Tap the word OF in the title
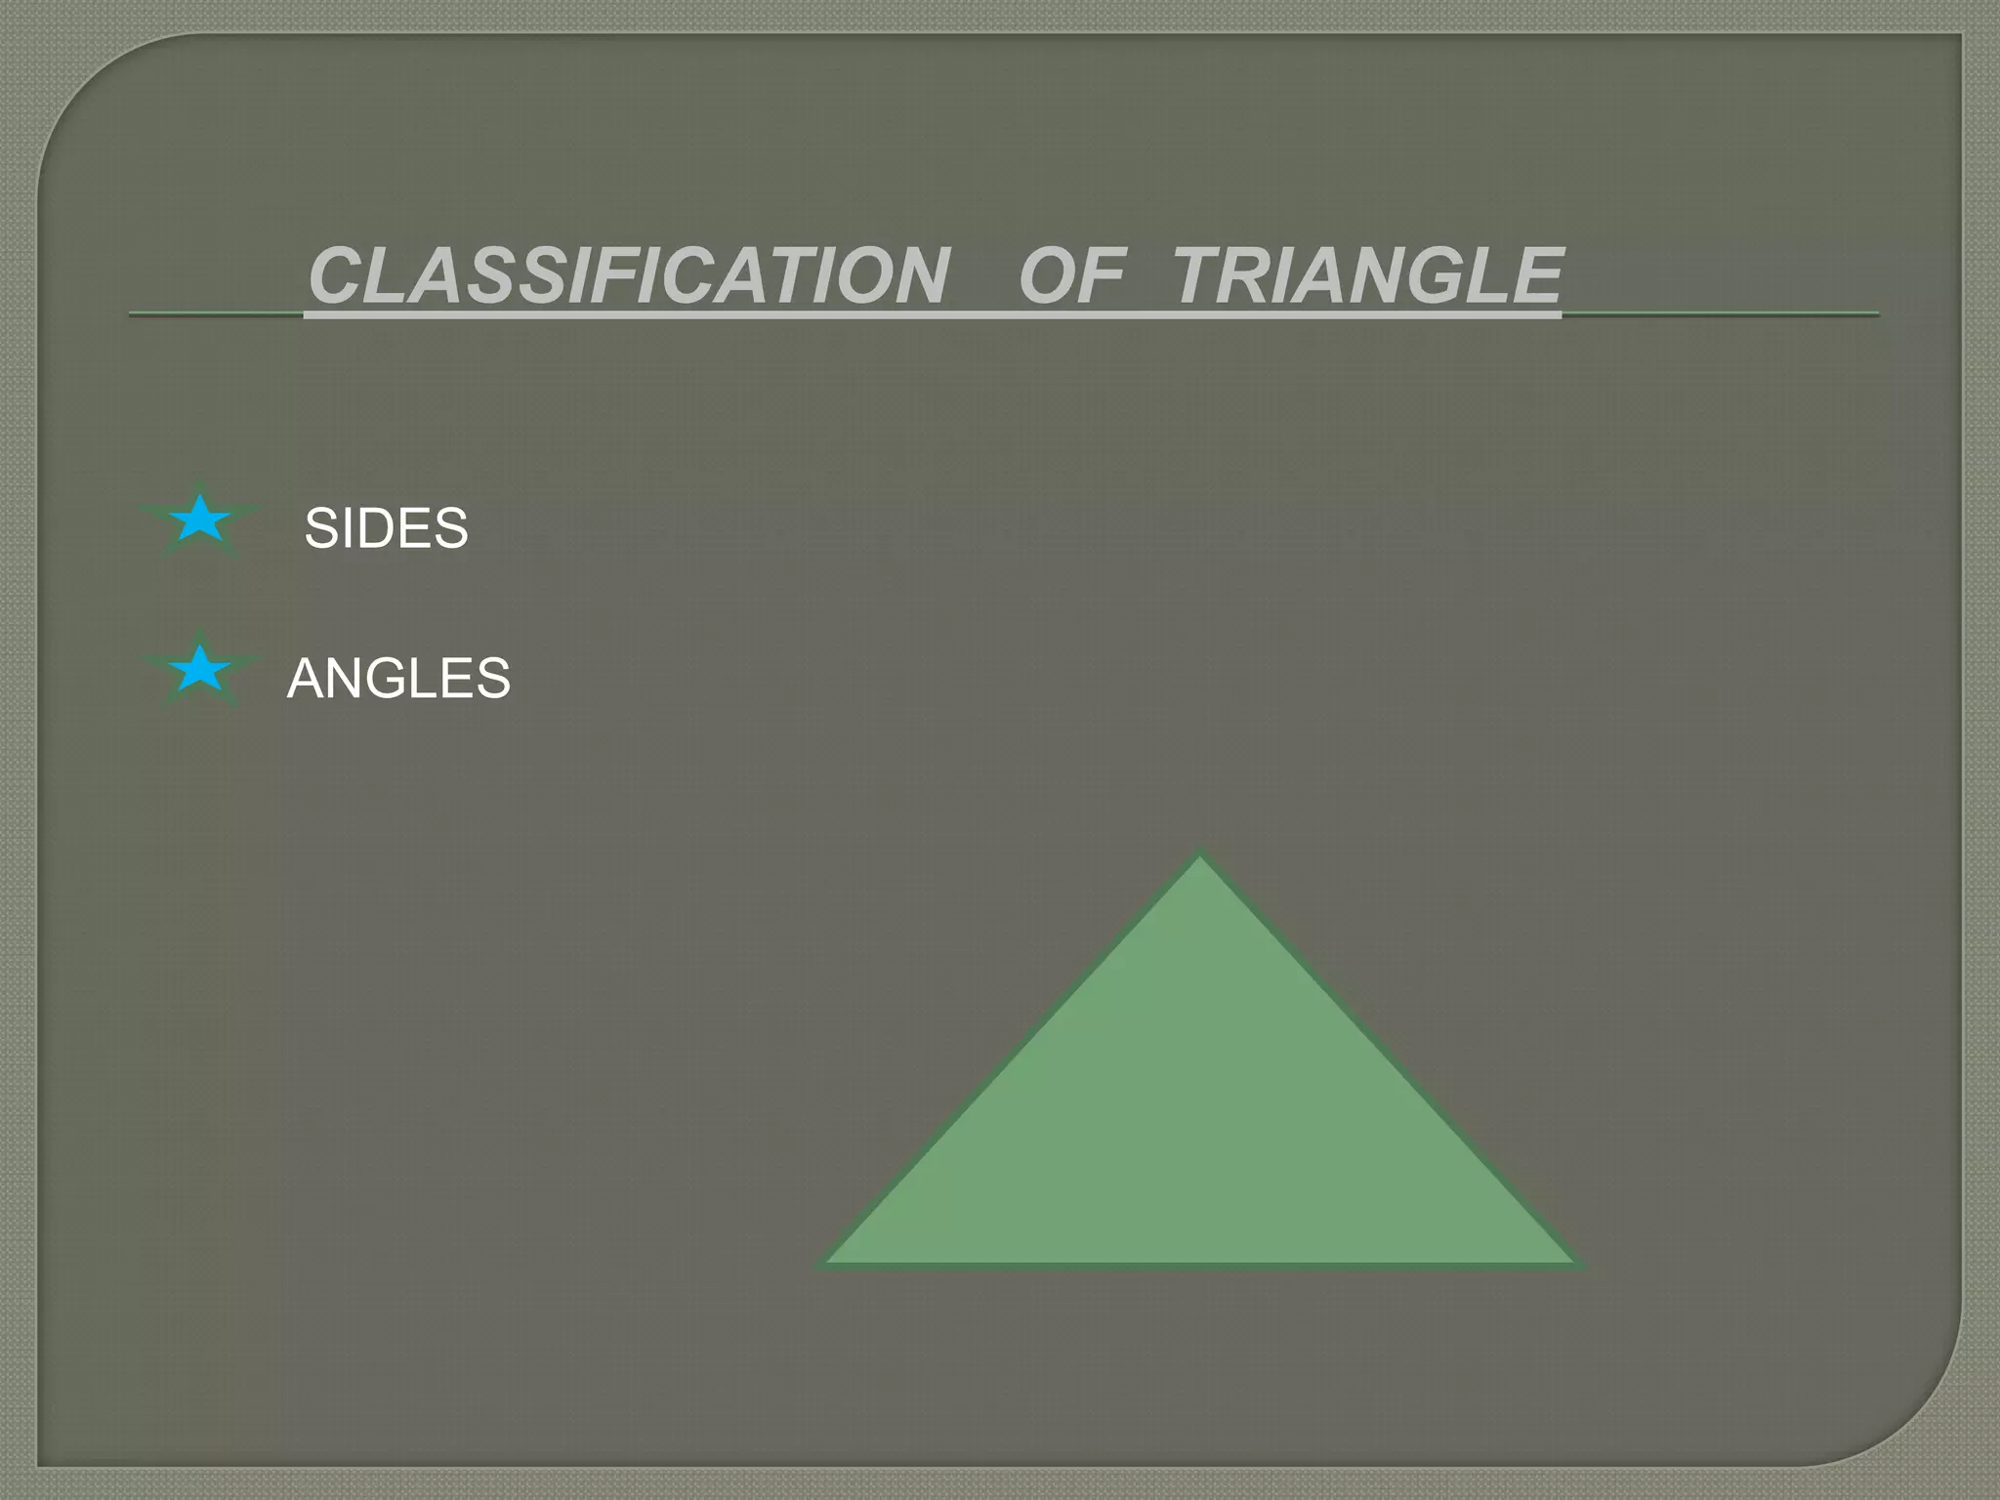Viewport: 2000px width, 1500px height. tap(1072, 276)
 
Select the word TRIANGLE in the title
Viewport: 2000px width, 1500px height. tap(1367, 276)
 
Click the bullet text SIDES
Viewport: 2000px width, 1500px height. tap(386, 528)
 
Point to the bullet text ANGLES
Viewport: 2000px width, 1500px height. tap(398, 678)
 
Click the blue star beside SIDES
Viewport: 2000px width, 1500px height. tap(199, 520)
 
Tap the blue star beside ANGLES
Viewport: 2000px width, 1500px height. tap(199, 669)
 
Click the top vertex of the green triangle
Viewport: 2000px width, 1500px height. tap(1200, 854)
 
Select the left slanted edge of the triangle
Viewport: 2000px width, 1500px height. tap(1012, 1060)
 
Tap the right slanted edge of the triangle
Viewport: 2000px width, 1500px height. tap(1388, 1060)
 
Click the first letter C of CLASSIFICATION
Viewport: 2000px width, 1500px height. tap(337, 276)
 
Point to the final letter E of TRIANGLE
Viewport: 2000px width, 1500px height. tap(1533, 276)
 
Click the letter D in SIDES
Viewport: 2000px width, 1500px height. tap(392, 528)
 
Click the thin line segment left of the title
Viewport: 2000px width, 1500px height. tap(215, 314)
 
